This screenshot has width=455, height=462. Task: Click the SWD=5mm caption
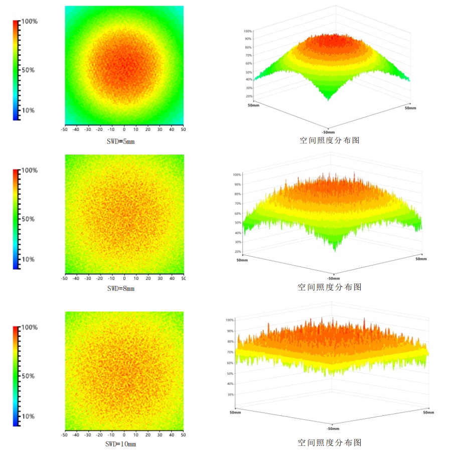tap(121, 141)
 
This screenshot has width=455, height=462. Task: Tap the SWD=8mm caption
tap(121, 288)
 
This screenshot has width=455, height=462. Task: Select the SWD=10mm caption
tap(121, 444)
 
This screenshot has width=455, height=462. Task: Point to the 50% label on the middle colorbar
tap(28, 219)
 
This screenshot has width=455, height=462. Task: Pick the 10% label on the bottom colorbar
tap(28, 416)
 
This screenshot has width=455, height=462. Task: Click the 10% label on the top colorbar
tap(28, 110)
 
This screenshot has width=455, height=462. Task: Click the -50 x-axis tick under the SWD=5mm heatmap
tap(64, 129)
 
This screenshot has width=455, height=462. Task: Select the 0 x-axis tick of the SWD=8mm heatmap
tap(124, 278)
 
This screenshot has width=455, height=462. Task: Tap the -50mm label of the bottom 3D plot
tap(332, 429)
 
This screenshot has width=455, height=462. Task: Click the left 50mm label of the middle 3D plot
tap(242, 260)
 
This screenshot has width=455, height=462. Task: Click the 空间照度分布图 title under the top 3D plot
tap(330, 140)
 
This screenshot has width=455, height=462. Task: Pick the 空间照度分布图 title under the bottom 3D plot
tap(330, 442)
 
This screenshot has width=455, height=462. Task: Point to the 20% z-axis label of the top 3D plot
tap(248, 96)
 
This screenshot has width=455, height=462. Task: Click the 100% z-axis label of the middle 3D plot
tap(237, 175)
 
